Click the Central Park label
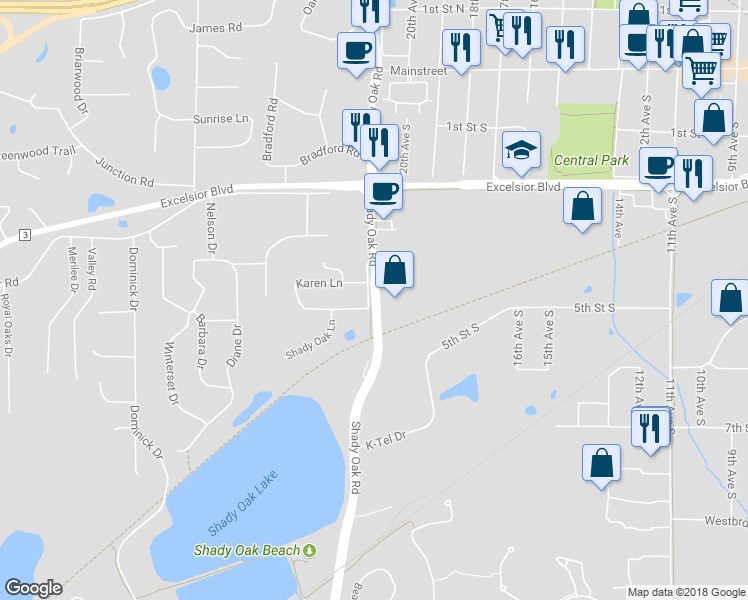coord(591,160)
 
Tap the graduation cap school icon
coord(521,151)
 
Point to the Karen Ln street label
coord(319,284)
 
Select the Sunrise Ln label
coord(221,119)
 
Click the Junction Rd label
coord(125,171)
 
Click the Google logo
coord(33,588)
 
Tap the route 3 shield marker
coord(25,234)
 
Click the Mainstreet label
coord(419,72)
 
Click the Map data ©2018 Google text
coord(685,592)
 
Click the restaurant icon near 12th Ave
coord(650,429)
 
